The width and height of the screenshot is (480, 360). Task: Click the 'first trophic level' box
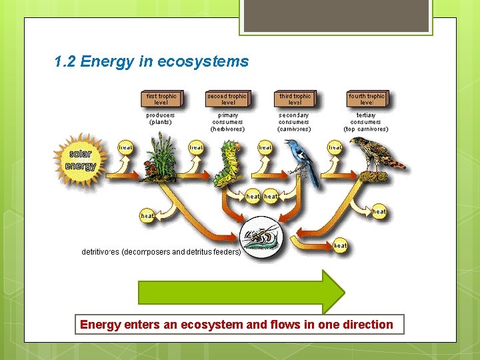pos(161,99)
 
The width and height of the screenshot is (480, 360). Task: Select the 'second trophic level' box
pos(227,99)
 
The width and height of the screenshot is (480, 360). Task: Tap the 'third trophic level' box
pos(294,99)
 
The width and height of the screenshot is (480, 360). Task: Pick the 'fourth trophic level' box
pos(366,99)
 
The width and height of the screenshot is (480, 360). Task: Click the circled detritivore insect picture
pos(262,236)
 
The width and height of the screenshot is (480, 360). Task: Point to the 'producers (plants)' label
pos(160,118)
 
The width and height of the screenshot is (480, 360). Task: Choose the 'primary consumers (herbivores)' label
pos(227,122)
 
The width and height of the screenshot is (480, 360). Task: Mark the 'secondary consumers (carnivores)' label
pos(294,122)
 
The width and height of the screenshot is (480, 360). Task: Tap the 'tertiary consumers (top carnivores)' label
pos(366,122)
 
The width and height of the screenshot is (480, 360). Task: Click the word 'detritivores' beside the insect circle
pos(100,252)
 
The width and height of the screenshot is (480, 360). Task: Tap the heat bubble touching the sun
pos(125,147)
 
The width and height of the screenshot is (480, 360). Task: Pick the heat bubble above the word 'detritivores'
pos(147,215)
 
